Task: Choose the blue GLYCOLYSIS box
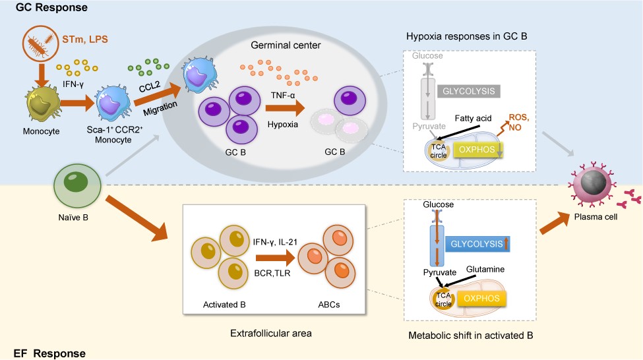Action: coord(477,243)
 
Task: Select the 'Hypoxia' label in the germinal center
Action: coord(284,123)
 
